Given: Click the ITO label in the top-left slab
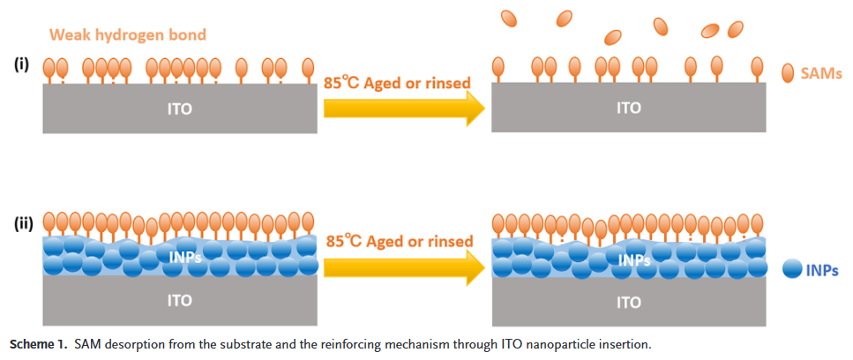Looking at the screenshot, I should click(x=179, y=109).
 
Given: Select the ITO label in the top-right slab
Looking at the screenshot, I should click(x=628, y=109).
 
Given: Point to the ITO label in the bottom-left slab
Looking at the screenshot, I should click(x=179, y=300).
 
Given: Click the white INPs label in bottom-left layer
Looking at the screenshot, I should click(x=186, y=257).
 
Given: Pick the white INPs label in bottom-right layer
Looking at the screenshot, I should click(x=634, y=260).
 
